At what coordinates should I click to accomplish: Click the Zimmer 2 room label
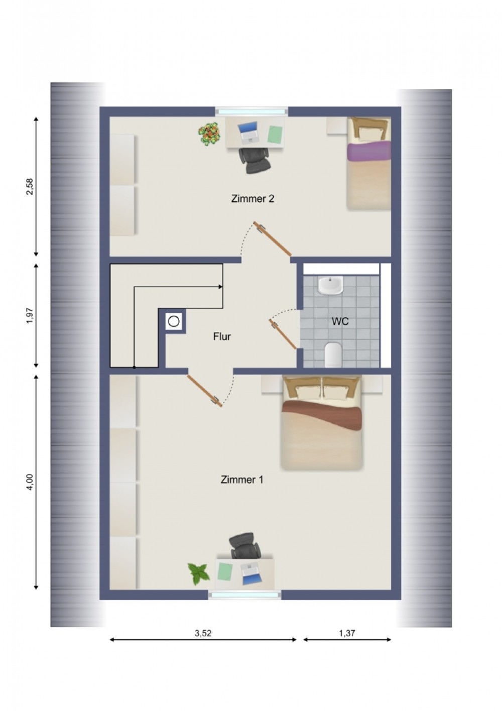(x=253, y=199)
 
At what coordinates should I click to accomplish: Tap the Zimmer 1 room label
(x=242, y=480)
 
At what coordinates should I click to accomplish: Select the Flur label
(x=222, y=336)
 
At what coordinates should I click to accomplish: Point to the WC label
(x=340, y=321)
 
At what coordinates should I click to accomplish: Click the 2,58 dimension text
(x=30, y=187)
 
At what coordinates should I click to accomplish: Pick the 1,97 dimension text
(x=30, y=316)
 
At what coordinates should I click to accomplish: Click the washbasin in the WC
(x=330, y=285)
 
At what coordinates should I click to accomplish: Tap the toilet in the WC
(x=333, y=354)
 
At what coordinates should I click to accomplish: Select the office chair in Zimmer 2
(x=255, y=160)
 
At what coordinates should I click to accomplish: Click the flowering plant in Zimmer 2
(x=209, y=134)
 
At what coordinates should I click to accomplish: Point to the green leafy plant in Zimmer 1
(x=199, y=574)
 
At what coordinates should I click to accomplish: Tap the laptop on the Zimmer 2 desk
(x=249, y=132)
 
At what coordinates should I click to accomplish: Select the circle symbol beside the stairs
(x=174, y=321)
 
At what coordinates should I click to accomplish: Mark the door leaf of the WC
(x=283, y=334)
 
